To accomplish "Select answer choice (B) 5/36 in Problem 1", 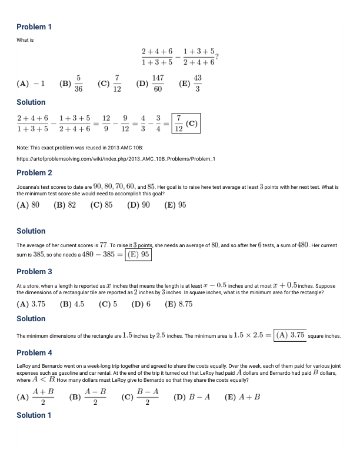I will point(72,84).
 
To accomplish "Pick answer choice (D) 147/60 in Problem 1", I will point(150,84).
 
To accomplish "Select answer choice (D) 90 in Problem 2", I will point(139,205).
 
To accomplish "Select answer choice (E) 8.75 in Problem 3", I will point(179,304).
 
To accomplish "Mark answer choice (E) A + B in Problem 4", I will point(242,397).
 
